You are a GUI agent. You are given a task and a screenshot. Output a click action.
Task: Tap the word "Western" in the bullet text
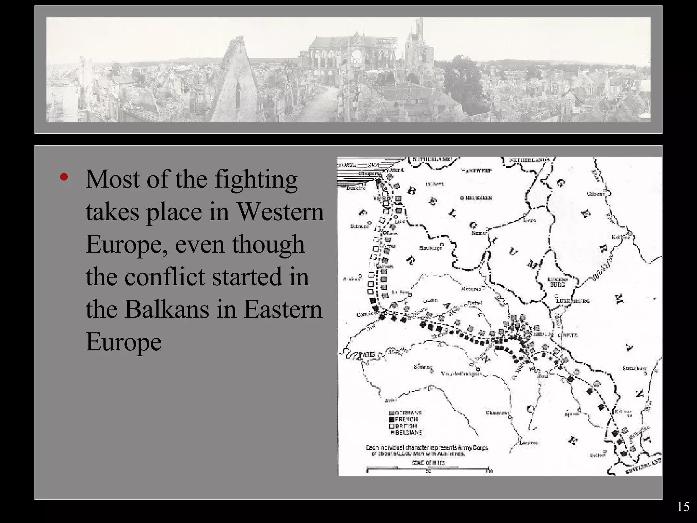coord(280,212)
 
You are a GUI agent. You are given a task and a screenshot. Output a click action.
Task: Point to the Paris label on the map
coord(367,354)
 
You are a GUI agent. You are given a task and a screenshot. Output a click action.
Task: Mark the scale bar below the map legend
coord(428,471)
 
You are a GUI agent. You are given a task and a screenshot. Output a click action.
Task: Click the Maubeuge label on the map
coord(430,248)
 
